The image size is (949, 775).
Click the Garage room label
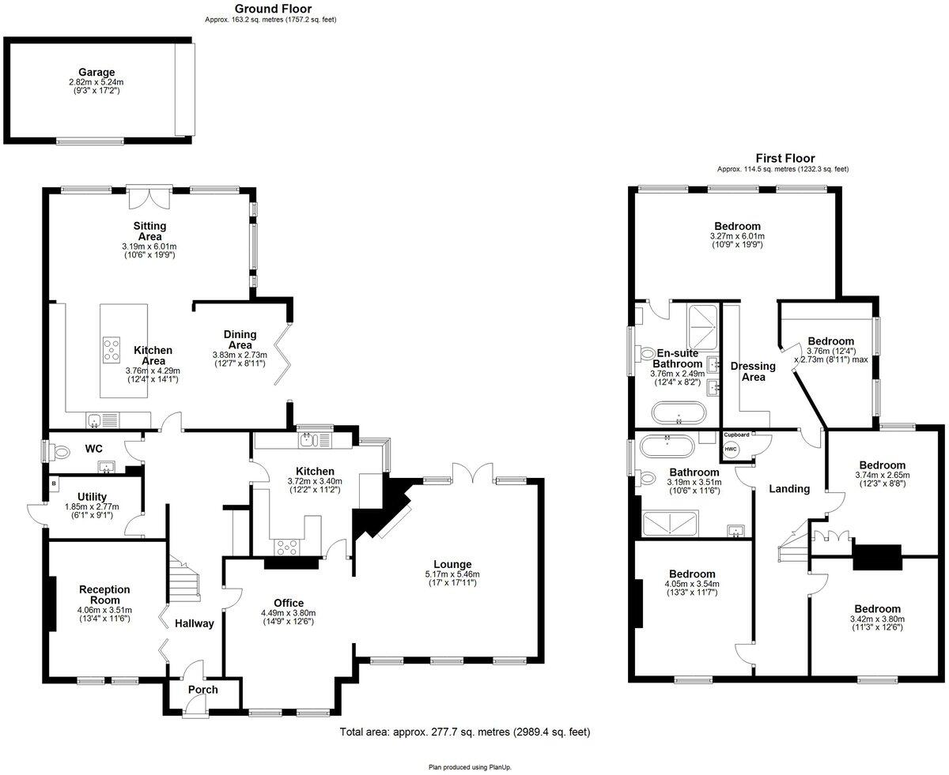tap(96, 72)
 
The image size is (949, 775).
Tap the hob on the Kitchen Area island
tap(112, 348)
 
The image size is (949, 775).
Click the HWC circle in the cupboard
tap(729, 450)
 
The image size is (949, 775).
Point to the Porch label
tap(202, 690)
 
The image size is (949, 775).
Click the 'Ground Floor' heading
tap(272, 9)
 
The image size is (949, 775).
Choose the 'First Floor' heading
tap(785, 158)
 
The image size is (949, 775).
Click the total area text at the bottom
tap(464, 732)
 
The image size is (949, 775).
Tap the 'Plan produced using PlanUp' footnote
tap(475, 766)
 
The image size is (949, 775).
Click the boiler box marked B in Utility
tap(54, 481)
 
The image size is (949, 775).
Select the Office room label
tap(288, 603)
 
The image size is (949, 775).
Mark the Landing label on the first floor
tap(789, 488)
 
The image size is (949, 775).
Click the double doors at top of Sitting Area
tap(149, 197)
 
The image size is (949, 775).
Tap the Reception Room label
tap(104, 595)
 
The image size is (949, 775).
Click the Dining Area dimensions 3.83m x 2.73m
tap(239, 356)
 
